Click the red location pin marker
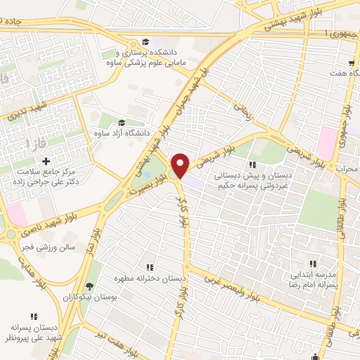pyautogui.click(x=180, y=165)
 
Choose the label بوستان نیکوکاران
pyautogui.click(x=89, y=299)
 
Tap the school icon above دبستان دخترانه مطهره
pyautogui.click(x=150, y=266)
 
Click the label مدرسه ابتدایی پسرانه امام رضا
pyautogui.click(x=314, y=283)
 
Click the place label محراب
pyautogui.click(x=347, y=169)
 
